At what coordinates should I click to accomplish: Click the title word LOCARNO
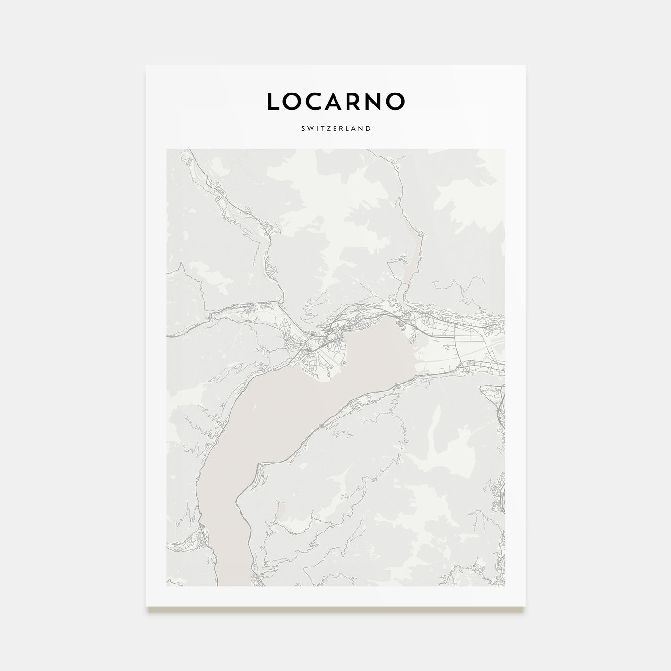(335, 101)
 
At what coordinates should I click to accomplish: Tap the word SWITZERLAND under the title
(335, 128)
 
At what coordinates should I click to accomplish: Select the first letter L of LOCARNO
(273, 101)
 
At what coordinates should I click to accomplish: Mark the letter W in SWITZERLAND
(310, 128)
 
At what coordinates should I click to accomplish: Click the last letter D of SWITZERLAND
(368, 128)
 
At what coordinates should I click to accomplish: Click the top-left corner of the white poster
(147, 66)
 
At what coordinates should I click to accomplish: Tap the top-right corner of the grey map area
(504, 150)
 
